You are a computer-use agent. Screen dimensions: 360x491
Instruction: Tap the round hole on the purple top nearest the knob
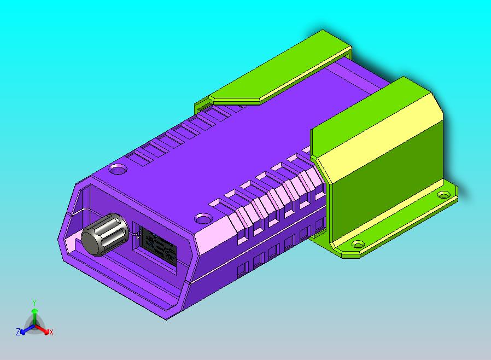pos(118,168)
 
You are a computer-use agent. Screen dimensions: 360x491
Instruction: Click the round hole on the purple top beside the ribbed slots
pos(203,219)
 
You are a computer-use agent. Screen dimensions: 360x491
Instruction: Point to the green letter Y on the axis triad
pos(34,302)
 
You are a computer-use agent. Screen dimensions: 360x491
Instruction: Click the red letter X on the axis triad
pos(51,332)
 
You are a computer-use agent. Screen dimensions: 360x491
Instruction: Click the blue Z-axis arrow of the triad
pos(25,329)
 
